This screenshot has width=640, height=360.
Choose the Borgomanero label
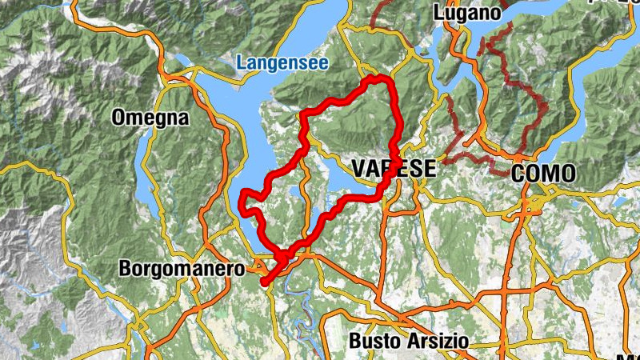tap(181, 269)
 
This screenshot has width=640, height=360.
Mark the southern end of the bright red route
tap(263, 281)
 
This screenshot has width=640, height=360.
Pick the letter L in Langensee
tap(242, 62)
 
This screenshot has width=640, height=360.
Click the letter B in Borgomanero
tap(125, 269)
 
